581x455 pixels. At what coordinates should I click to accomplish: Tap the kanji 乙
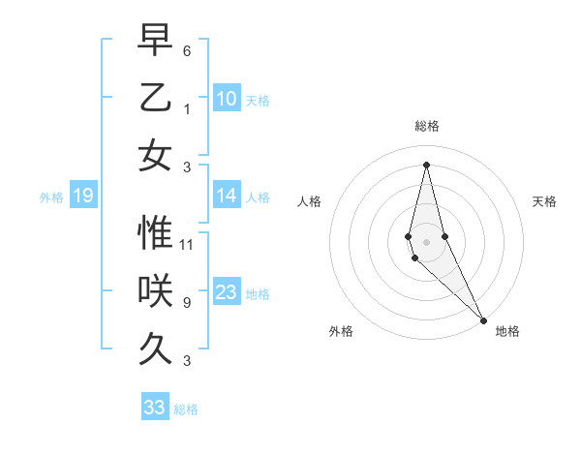click(x=155, y=98)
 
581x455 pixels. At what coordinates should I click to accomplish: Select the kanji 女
click(x=155, y=155)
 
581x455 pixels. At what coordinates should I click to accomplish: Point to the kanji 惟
click(x=155, y=233)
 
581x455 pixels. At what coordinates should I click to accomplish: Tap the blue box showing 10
click(x=227, y=99)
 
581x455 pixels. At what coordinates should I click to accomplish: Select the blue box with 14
click(x=227, y=196)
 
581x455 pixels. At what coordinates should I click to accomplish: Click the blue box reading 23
click(x=227, y=292)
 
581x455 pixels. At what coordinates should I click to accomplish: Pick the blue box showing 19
click(x=82, y=197)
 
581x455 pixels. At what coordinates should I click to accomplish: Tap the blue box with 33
click(x=154, y=408)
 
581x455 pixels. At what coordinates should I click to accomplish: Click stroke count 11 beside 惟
click(x=187, y=244)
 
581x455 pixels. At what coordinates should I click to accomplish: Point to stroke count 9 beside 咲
click(x=187, y=302)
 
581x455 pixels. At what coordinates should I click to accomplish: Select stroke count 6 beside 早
click(x=187, y=50)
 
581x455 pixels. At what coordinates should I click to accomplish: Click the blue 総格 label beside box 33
click(x=186, y=409)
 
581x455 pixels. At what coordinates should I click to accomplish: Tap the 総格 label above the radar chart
click(x=426, y=126)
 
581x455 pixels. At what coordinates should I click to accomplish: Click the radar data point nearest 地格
click(x=483, y=319)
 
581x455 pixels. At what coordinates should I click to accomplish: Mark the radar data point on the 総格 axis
click(x=426, y=164)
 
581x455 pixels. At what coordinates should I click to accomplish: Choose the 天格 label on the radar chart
click(x=544, y=201)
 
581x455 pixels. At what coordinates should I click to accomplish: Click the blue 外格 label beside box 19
click(x=51, y=197)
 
